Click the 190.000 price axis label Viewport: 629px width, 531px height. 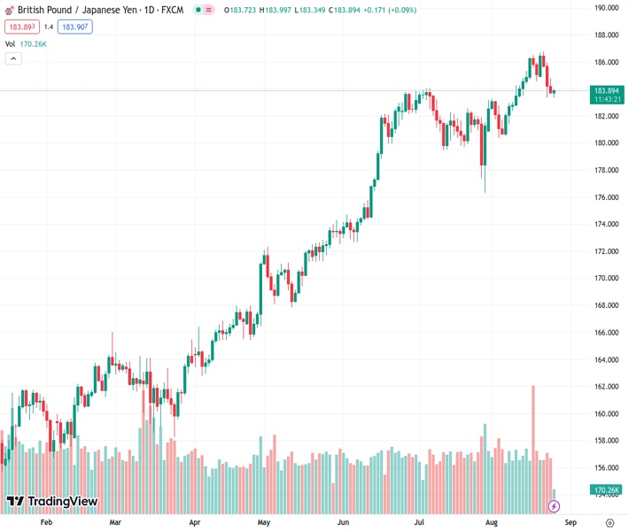606,7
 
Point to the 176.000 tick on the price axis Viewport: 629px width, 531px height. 606,197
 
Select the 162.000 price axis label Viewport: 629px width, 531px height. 606,387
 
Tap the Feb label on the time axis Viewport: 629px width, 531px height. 47,523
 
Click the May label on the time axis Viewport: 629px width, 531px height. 263,523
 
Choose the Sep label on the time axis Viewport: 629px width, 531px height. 571,523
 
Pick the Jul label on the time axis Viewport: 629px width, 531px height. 420,523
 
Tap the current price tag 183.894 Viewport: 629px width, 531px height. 607,91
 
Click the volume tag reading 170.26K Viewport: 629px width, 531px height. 607,489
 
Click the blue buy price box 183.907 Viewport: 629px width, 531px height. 74,27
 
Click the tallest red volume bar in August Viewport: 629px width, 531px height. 533,442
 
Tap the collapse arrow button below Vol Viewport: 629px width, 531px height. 13,58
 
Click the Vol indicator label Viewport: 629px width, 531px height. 11,43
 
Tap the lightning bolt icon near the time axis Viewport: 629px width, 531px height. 555,506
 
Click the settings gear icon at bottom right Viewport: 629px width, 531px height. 610,523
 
